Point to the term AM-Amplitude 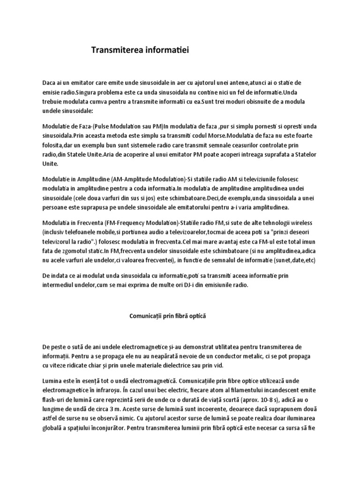tap(133, 180)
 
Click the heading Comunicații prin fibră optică tap(167, 316)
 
